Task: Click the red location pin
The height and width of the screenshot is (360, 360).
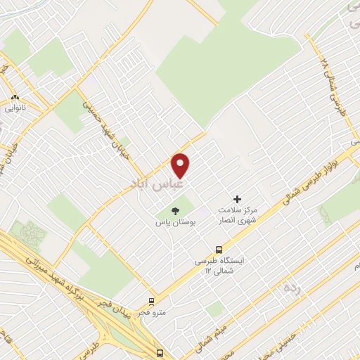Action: point(181,165)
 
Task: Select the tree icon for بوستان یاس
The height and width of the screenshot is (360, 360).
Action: point(176,211)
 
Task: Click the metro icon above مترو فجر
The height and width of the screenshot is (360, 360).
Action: point(151,302)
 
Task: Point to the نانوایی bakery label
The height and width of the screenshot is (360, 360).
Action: point(16,108)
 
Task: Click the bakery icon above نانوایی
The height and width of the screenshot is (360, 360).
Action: point(15,98)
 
